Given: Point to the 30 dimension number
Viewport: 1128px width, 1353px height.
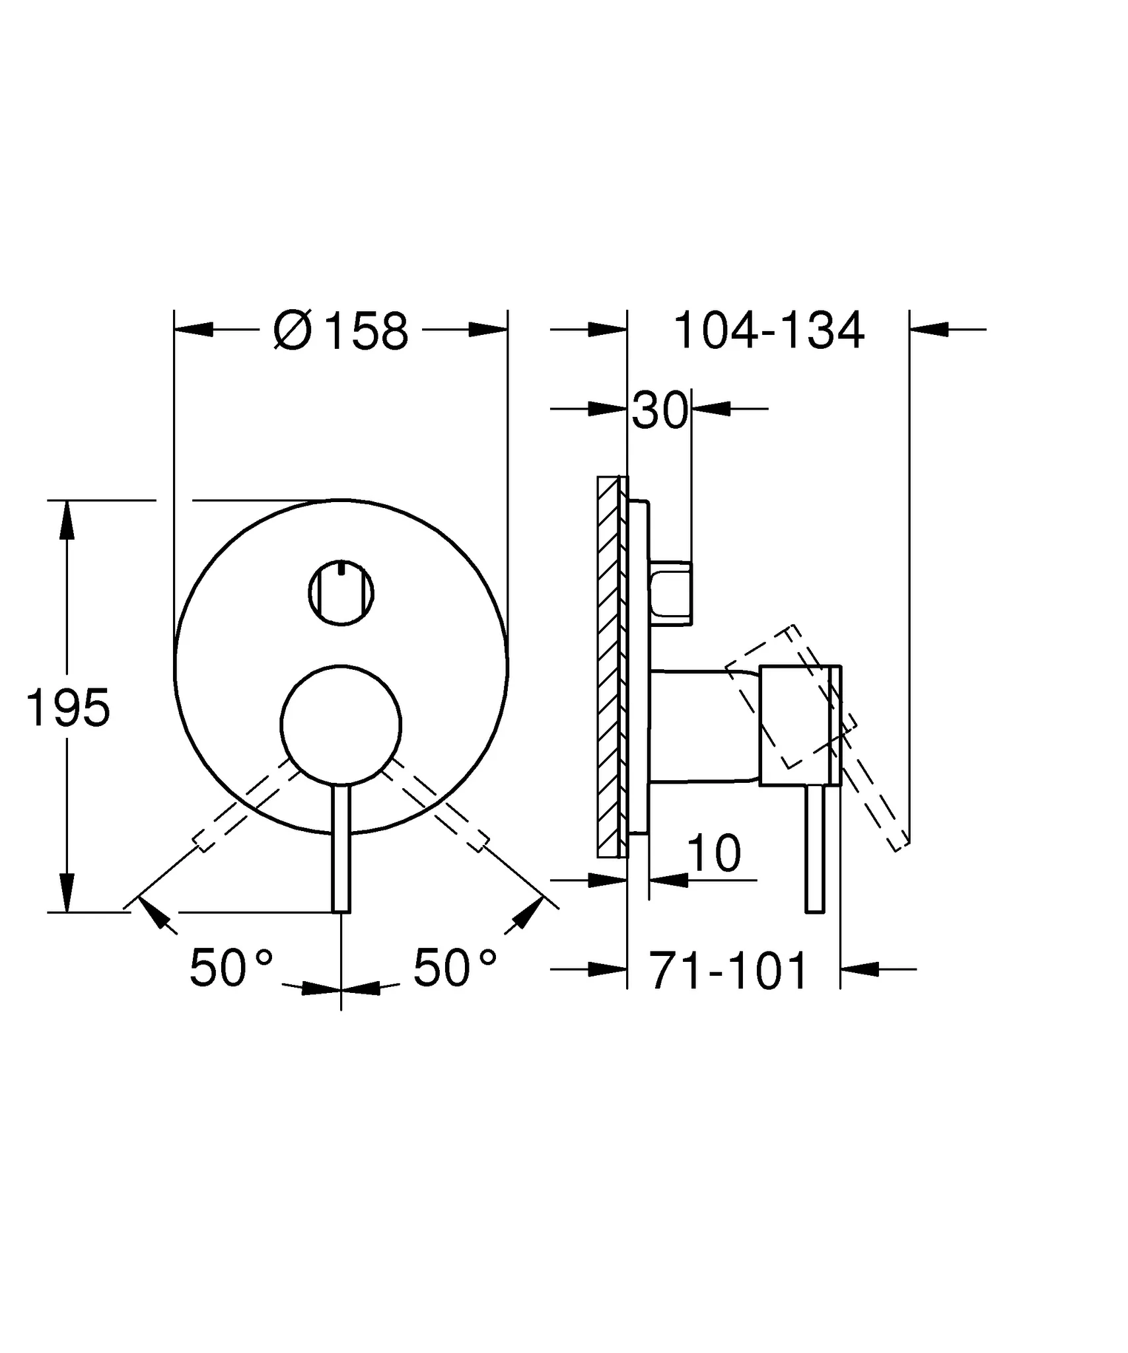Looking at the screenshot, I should [x=660, y=411].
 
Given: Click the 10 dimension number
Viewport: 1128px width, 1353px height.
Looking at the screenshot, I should [x=714, y=854].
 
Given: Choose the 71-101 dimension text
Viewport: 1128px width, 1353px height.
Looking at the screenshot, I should [x=728, y=971].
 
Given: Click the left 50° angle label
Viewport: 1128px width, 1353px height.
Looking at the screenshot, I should [x=231, y=969].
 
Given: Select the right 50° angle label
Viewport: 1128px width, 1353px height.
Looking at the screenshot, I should [x=455, y=969].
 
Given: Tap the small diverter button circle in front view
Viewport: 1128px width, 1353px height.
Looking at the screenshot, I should [x=341, y=593].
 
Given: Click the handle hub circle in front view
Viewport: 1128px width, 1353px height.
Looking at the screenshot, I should [x=340, y=725].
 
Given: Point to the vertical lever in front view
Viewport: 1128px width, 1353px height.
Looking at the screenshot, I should [x=341, y=852].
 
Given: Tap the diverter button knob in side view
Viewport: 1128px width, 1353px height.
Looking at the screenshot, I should [x=670, y=592].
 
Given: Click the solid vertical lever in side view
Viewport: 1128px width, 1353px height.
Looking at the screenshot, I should [x=815, y=849].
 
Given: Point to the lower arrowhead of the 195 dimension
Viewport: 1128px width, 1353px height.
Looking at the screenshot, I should [x=67, y=892].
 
